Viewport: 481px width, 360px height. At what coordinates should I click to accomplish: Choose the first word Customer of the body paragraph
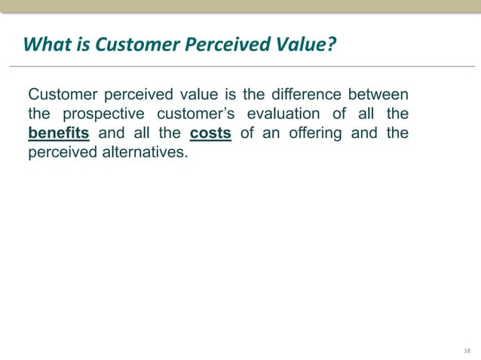(60, 95)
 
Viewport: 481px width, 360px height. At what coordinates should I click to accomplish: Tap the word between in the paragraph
(378, 95)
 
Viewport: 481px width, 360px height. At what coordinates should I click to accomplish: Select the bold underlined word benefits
(59, 134)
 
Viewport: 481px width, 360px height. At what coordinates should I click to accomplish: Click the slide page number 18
(467, 352)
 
